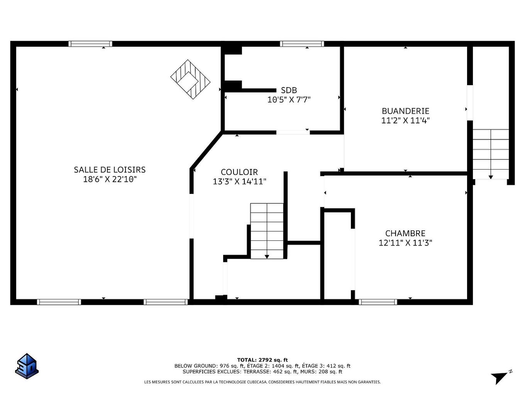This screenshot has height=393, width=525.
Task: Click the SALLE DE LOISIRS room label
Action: (x=110, y=170)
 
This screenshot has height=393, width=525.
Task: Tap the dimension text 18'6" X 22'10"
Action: (x=110, y=179)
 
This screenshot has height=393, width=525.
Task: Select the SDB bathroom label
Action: (x=289, y=90)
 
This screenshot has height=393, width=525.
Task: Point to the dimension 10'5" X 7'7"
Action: (x=289, y=100)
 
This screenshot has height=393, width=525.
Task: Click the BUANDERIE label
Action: (x=405, y=111)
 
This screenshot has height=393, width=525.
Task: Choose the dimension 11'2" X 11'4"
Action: (x=405, y=120)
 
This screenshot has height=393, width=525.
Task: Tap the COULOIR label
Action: (x=239, y=172)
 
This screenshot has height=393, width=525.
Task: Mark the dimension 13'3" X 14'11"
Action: (x=239, y=181)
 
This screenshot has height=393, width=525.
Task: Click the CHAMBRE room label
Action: (x=405, y=233)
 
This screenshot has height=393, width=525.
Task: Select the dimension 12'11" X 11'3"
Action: (x=405, y=243)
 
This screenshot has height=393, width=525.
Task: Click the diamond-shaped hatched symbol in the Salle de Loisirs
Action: (x=190, y=79)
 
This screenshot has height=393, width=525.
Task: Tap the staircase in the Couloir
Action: (x=267, y=231)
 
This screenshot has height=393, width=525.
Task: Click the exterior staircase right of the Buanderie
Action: (x=491, y=154)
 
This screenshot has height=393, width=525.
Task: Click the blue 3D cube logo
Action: (x=27, y=366)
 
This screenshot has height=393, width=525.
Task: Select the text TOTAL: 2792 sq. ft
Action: (x=262, y=360)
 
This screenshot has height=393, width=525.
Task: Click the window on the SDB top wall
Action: (x=302, y=44)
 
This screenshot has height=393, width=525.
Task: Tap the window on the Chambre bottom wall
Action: (x=378, y=302)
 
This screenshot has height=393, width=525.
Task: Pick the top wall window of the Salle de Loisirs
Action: (x=90, y=44)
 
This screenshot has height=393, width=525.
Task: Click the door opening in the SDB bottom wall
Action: (x=293, y=132)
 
